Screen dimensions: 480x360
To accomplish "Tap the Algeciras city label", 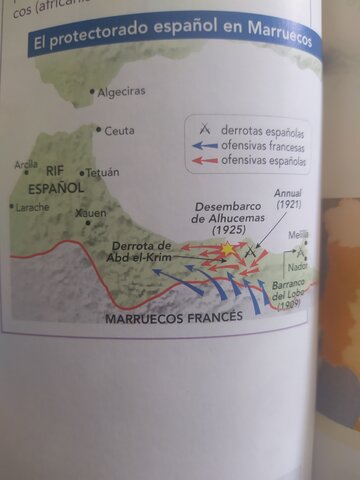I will pos(121,92).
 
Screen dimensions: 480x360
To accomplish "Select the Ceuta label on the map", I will pos(119,130).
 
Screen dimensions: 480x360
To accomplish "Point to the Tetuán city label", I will pos(102,172).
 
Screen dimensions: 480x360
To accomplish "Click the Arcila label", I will pos(26,165).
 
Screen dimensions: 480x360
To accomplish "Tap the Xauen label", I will pos(91,213).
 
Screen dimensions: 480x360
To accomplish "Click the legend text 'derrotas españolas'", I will pos(264,131).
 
